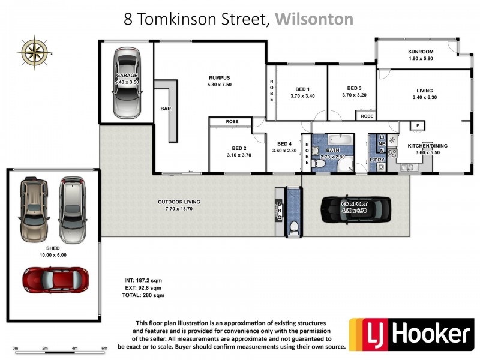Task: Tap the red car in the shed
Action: coord(55,279)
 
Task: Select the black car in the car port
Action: coord(355,210)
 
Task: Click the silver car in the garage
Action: coord(127,84)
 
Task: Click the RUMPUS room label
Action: coord(219,77)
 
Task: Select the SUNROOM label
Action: coord(421,52)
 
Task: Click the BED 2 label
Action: coord(239,148)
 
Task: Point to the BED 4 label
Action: coord(284,143)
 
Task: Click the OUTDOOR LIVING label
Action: coord(179,202)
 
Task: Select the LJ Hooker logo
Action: coord(411,334)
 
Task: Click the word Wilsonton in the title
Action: coord(314,19)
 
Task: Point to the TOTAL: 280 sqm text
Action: coord(142,295)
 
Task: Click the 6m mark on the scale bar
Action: coord(104,348)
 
